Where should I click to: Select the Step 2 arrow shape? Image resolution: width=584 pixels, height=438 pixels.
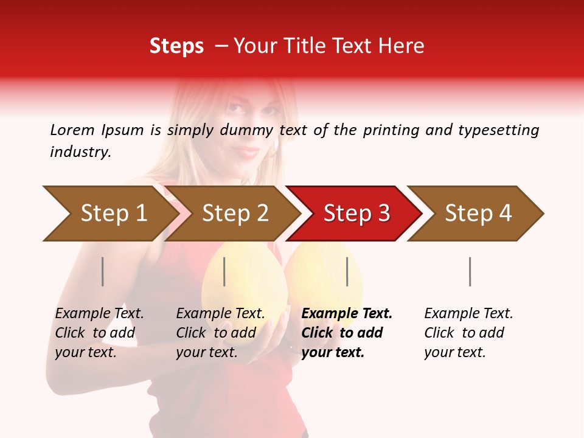pyautogui.click(x=234, y=214)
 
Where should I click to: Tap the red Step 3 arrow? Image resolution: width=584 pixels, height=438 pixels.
pyautogui.click(x=356, y=214)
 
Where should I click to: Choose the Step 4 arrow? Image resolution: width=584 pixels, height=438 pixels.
pyautogui.click(x=478, y=214)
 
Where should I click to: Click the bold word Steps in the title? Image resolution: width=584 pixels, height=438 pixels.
pyautogui.click(x=176, y=46)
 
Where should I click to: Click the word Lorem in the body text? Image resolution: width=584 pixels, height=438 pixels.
pyautogui.click(x=72, y=130)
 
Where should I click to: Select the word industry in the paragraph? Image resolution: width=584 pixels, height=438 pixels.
pyautogui.click(x=80, y=152)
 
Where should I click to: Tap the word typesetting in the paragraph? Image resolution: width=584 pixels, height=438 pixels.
pyautogui.click(x=498, y=130)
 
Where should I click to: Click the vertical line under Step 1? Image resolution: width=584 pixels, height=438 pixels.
pyautogui.click(x=103, y=271)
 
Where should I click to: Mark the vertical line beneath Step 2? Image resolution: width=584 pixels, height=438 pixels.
pyautogui.click(x=224, y=271)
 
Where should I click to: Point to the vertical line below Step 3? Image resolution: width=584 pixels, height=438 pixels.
pyautogui.click(x=347, y=271)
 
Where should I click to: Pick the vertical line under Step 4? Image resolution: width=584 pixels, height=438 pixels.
pyautogui.click(x=470, y=271)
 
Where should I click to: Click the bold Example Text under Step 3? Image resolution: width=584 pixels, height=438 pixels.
pyautogui.click(x=347, y=314)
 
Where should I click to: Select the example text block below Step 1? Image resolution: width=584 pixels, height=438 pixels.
pyautogui.click(x=99, y=333)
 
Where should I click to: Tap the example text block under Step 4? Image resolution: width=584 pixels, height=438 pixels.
pyautogui.click(x=468, y=333)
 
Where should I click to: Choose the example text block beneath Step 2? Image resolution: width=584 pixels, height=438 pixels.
pyautogui.click(x=220, y=333)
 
